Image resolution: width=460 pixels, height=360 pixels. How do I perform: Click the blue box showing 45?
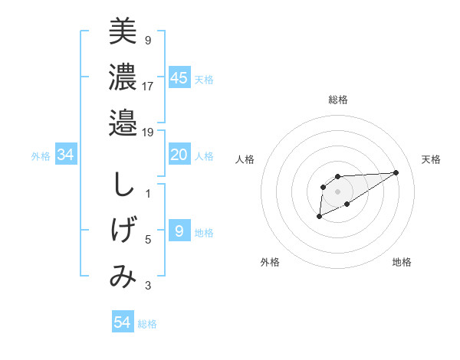coord(179,78)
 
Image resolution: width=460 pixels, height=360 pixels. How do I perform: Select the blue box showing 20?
coord(179,155)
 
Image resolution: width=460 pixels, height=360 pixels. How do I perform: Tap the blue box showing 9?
coord(179,231)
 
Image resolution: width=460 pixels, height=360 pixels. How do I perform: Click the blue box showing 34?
coord(65,155)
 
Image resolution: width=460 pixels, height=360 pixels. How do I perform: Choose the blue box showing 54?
coord(122,322)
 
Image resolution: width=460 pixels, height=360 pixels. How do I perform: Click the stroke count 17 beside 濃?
coord(148,86)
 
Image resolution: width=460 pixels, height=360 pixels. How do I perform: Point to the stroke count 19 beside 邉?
coord(147,132)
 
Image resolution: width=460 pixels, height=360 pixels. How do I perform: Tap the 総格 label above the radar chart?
coord(337,100)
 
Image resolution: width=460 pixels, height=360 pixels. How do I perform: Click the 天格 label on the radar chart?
coord(431,159)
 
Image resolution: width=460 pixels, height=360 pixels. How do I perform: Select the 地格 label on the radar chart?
coord(402,262)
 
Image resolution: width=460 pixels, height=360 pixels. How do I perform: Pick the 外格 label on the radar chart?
coord(270,262)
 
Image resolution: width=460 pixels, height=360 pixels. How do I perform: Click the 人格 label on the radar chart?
coord(245,159)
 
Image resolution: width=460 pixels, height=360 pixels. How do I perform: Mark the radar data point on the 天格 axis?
coord(396,172)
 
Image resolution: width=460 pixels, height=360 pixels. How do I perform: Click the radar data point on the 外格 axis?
coord(319,217)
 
